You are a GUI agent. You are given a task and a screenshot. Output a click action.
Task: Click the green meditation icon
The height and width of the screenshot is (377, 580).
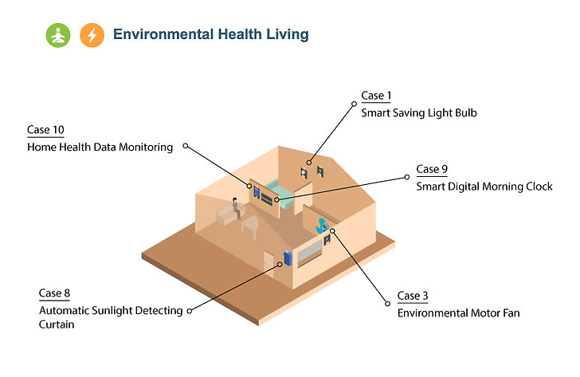click(58, 35)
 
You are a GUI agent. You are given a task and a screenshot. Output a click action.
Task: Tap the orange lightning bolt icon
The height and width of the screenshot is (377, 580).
click(92, 35)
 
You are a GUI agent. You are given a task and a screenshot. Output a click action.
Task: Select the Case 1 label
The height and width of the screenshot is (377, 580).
click(376, 96)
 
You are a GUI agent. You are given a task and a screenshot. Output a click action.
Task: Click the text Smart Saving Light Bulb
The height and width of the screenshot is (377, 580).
click(419, 113)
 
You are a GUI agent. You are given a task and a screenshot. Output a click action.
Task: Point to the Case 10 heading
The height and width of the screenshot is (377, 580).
click(45, 130)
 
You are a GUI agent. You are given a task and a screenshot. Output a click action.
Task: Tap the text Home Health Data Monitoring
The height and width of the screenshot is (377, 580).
click(100, 147)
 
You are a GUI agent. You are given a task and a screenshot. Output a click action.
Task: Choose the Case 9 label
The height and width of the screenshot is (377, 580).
click(432, 169)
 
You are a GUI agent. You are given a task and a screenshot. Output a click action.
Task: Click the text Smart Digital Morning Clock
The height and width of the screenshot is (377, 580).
click(484, 187)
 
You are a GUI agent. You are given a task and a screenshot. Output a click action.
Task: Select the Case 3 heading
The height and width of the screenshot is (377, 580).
click(413, 296)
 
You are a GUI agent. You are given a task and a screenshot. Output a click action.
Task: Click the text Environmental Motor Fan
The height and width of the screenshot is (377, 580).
click(459, 313)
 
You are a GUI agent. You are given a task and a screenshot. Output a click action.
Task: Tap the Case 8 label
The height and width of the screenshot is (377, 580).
click(54, 293)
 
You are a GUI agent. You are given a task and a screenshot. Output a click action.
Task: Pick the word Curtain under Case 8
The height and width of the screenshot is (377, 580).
click(57, 324)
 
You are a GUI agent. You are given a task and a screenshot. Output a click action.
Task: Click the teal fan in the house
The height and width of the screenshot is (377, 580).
click(322, 226)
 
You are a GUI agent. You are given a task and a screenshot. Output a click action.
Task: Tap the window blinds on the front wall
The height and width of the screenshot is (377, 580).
click(310, 253)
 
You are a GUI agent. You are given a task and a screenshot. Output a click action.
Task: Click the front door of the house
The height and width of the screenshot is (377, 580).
click(268, 263)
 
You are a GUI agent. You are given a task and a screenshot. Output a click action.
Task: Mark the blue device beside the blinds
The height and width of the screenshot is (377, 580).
click(288, 258)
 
